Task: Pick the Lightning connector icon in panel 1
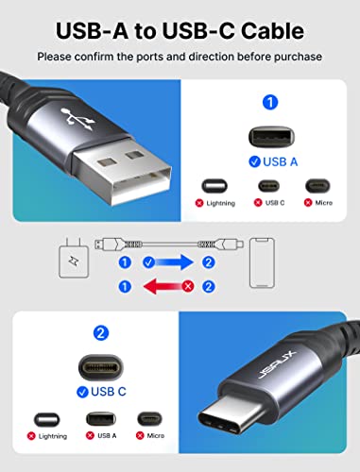click(x=214, y=189)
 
